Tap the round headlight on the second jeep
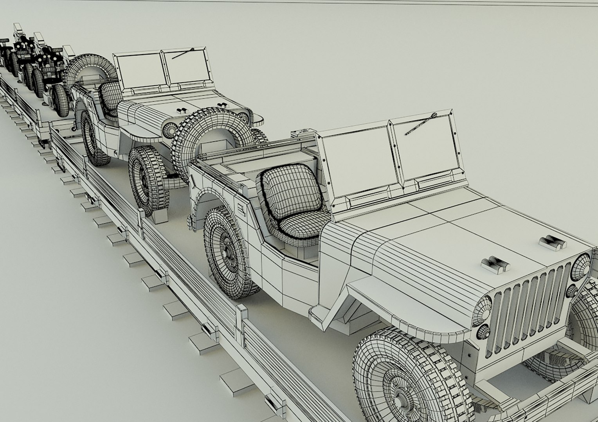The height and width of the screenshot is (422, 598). point(171,129)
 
